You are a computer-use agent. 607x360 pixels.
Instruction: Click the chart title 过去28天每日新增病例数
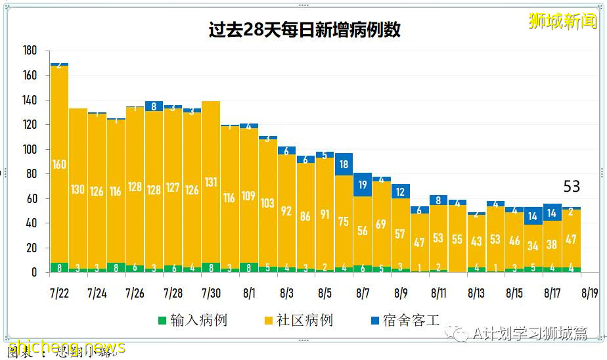tap(303, 30)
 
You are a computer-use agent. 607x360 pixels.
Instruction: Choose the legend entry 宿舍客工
tap(405, 321)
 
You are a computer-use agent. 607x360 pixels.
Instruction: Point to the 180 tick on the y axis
tap(30, 51)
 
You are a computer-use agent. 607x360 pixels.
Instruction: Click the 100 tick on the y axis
tap(30, 149)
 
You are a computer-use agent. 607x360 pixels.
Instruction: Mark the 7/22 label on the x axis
tap(59, 290)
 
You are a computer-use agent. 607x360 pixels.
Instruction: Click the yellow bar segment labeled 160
tap(59, 164)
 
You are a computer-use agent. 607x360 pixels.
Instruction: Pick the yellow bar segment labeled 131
tap(211, 183)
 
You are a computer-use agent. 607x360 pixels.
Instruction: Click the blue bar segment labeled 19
tap(363, 185)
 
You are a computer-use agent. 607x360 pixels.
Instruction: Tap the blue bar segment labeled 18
tap(344, 164)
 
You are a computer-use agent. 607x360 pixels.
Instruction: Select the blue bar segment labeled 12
tap(401, 191)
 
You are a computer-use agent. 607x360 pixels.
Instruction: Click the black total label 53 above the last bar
tap(572, 187)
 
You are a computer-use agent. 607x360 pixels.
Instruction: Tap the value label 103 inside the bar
tap(267, 204)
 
